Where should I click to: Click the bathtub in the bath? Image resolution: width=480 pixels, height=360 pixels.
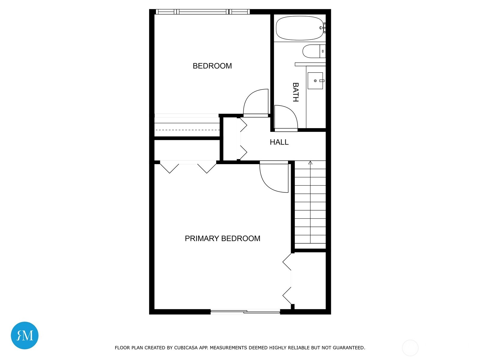300,28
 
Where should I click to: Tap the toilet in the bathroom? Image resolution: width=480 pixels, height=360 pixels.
314,51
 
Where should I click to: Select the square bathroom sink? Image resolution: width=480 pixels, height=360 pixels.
315,81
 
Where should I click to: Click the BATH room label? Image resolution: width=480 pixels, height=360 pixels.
296,92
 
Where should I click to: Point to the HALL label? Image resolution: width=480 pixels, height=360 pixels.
279,142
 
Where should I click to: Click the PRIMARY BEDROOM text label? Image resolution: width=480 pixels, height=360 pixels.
222,238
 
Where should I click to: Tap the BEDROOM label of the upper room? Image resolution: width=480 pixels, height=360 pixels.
212,66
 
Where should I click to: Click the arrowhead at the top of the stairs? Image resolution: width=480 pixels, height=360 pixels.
310,163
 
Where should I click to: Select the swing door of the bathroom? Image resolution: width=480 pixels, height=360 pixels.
286,118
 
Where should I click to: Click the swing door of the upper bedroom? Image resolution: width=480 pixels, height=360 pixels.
256,103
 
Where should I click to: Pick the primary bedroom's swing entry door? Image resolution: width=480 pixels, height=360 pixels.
274,177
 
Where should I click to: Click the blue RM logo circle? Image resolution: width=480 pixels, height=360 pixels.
25,335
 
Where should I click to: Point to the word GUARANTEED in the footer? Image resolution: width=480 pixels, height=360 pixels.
349,347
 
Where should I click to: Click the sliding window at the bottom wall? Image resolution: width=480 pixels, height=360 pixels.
245,312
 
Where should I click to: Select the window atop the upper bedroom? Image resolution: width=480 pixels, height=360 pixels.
202,12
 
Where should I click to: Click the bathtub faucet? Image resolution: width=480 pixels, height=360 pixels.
323,28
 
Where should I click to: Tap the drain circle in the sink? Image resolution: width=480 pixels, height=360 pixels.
315,81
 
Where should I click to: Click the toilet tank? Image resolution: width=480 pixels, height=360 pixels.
322,51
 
